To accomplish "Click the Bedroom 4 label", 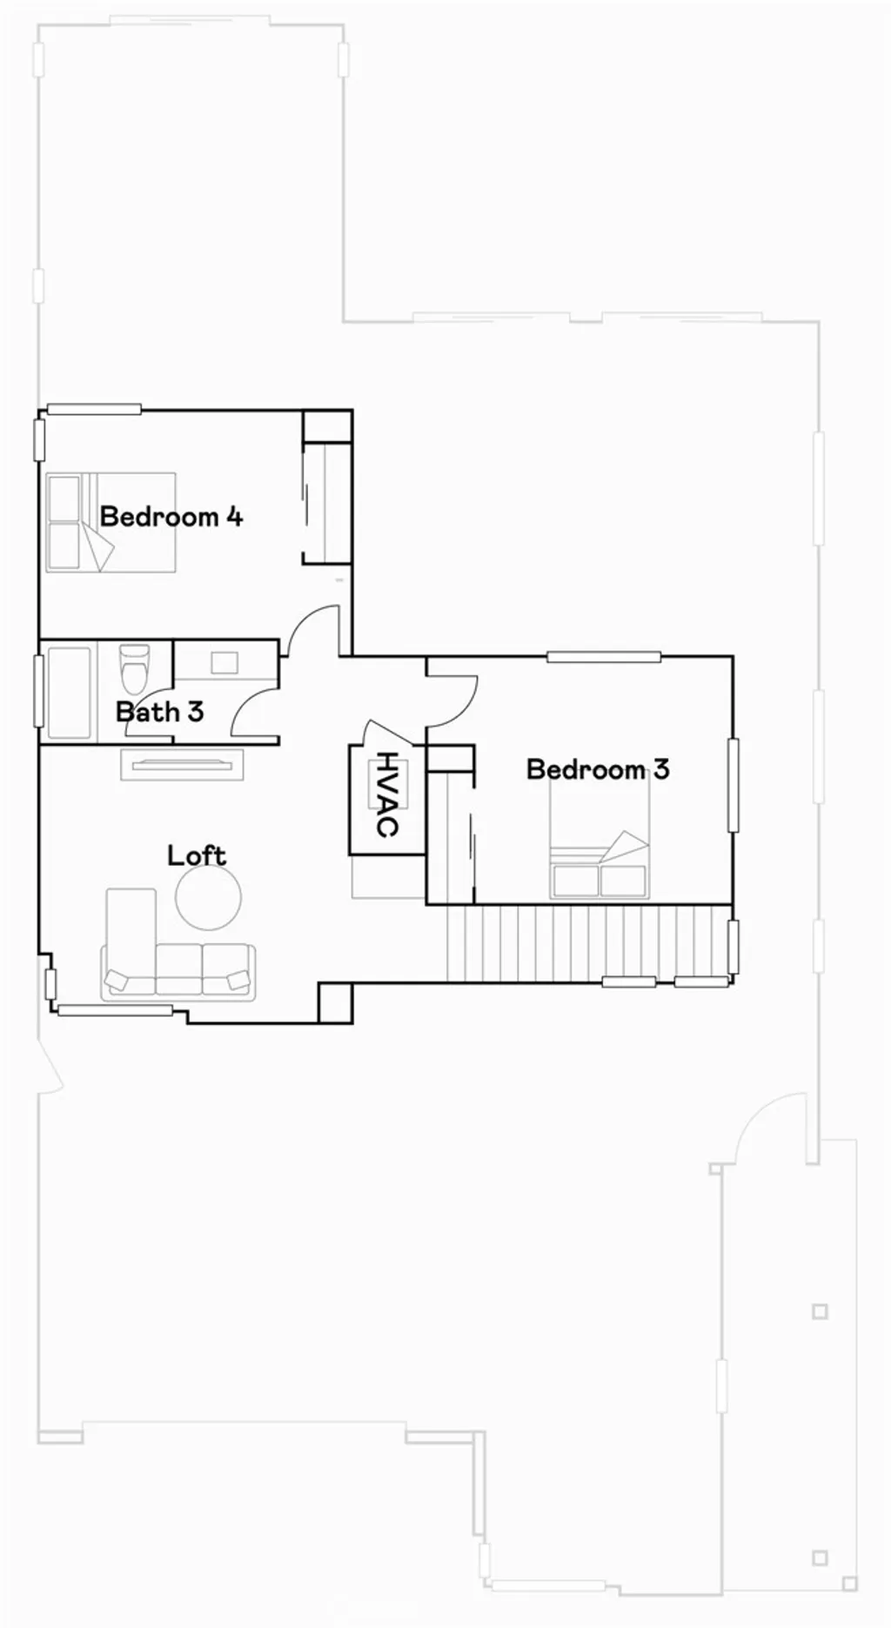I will (171, 517).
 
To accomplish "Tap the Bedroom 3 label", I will (598, 769).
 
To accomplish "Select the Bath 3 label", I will (159, 712).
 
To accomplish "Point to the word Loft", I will (197, 856).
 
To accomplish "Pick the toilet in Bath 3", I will (134, 666).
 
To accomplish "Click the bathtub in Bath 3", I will (68, 692).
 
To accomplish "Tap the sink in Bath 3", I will (224, 662).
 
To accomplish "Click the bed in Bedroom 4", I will (111, 522).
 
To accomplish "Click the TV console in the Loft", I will (182, 764).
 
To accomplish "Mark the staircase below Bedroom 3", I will (587, 943).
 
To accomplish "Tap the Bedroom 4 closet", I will (326, 503).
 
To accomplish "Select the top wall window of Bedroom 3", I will (603, 657).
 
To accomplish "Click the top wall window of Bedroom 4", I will (94, 409).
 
